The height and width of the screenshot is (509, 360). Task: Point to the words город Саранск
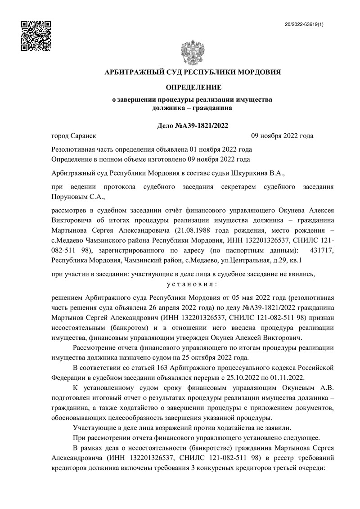[x=74, y=136]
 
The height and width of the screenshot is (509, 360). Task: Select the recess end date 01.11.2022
[x=291, y=378]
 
